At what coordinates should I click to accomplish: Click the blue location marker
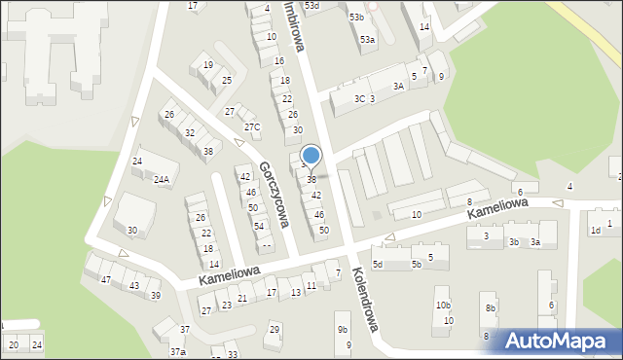tap(311, 156)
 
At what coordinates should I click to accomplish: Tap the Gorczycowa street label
tap(274, 194)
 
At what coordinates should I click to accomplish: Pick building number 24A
tap(161, 180)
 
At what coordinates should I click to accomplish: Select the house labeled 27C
tap(252, 127)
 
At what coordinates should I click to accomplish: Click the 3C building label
tap(359, 99)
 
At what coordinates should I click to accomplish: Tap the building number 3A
tap(398, 87)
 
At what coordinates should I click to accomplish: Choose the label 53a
tap(367, 40)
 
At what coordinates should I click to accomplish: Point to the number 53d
tap(311, 6)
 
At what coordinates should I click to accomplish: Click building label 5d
tap(379, 265)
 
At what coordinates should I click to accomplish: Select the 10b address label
tap(443, 306)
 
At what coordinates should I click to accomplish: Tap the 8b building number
tap(491, 308)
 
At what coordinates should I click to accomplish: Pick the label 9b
tap(343, 330)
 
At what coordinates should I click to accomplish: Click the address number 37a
tap(177, 351)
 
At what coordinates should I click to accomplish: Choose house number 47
tap(105, 280)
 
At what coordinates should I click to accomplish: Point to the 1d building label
tap(595, 231)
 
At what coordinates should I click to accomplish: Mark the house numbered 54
tap(259, 226)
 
